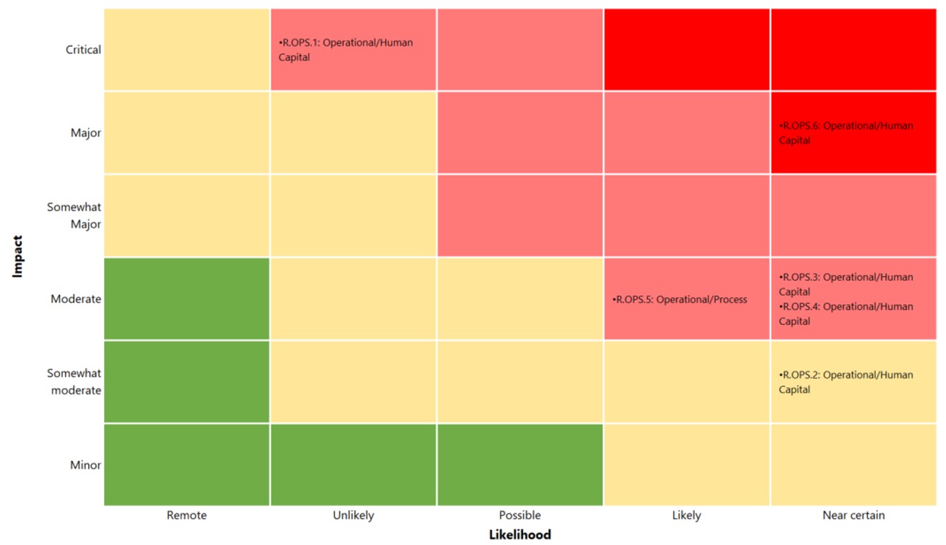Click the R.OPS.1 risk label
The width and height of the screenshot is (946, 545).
pos(346,50)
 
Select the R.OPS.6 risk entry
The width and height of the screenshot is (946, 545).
pos(846,133)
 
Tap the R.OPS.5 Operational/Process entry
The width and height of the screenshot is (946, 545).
pos(680,299)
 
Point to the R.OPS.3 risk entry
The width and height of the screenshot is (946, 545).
pos(846,284)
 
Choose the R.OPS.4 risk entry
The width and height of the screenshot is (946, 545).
pos(846,314)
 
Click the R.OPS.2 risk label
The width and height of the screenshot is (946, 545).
pos(846,382)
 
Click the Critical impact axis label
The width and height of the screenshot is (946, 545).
pos(83,50)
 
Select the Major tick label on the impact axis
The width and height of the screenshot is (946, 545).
pos(85,133)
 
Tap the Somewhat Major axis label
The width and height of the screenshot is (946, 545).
pos(74,215)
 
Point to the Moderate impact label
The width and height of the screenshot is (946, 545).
pos(76,299)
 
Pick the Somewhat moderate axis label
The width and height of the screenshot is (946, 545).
pos(74,382)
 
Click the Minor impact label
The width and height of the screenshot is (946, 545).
pos(85,465)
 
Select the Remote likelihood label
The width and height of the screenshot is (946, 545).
pos(187,515)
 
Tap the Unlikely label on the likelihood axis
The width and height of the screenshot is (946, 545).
pos(353,515)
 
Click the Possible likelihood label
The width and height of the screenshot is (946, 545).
pos(520,515)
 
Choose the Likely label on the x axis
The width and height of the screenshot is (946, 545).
pos(686,515)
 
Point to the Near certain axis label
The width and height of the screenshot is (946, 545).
pos(854,515)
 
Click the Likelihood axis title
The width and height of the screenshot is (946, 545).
pos(520,535)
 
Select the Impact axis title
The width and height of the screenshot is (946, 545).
pos(18,257)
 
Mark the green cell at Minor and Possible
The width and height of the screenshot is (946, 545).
pos(520,465)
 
